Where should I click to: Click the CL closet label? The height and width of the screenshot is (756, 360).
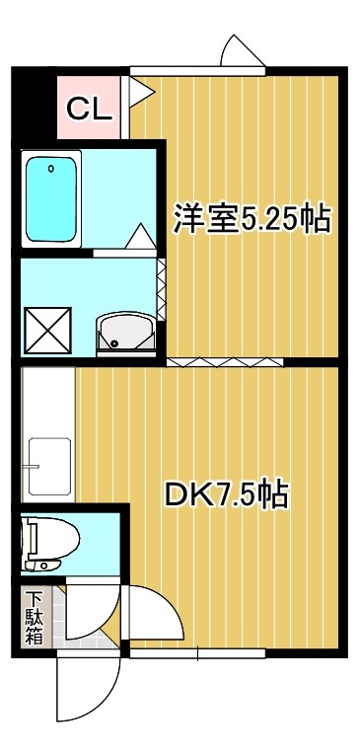[x=88, y=108]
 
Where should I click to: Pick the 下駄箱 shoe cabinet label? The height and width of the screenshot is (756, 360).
[x=35, y=617]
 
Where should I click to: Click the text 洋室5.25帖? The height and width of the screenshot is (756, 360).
[x=252, y=219]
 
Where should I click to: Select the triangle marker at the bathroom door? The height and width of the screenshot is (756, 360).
[x=138, y=238]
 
